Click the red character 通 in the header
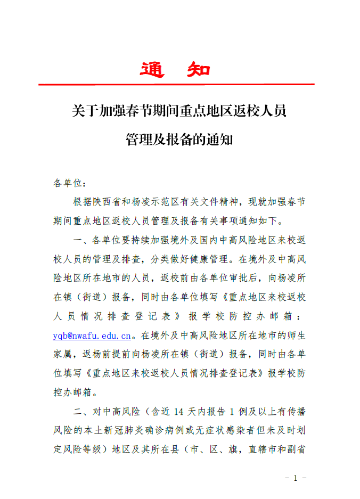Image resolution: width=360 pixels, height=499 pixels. pos(152,70)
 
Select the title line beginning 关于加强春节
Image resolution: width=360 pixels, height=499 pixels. pos(179,111)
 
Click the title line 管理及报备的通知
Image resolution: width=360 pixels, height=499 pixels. pos(179,140)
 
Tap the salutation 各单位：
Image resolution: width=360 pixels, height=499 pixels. pos(69,183)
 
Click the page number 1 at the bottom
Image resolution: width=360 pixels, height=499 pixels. pos(295,478)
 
